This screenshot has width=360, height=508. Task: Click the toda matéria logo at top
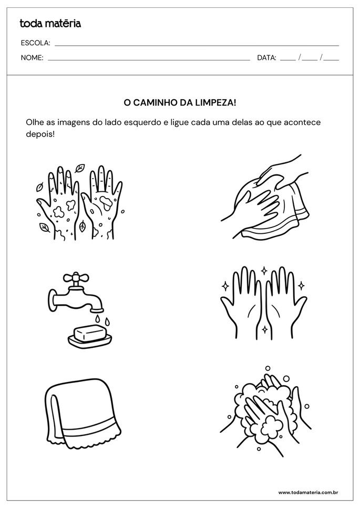50,23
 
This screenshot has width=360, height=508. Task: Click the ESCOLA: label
35,43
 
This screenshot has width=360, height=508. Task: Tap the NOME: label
32,58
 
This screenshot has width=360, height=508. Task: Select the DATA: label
266,58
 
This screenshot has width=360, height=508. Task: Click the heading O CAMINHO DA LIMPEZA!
180,103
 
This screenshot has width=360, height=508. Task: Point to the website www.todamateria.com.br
307,492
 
